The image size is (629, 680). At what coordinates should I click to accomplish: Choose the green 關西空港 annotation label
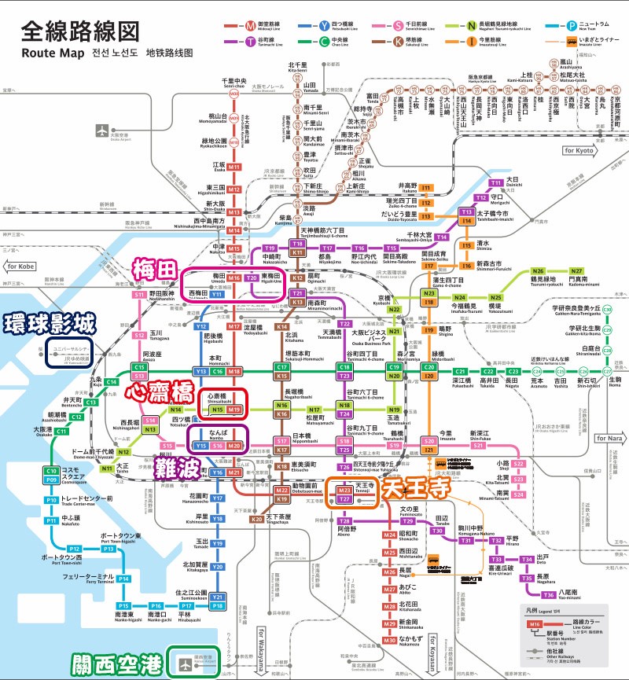pos(116,663)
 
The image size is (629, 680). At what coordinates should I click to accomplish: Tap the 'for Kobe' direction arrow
pos(24,265)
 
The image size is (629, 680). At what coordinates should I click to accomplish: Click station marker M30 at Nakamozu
pos(390,641)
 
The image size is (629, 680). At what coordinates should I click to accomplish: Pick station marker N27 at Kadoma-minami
pos(576,270)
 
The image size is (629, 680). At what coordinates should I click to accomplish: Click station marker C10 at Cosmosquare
pos(51,471)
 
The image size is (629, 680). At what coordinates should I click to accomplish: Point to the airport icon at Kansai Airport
pos(186,662)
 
